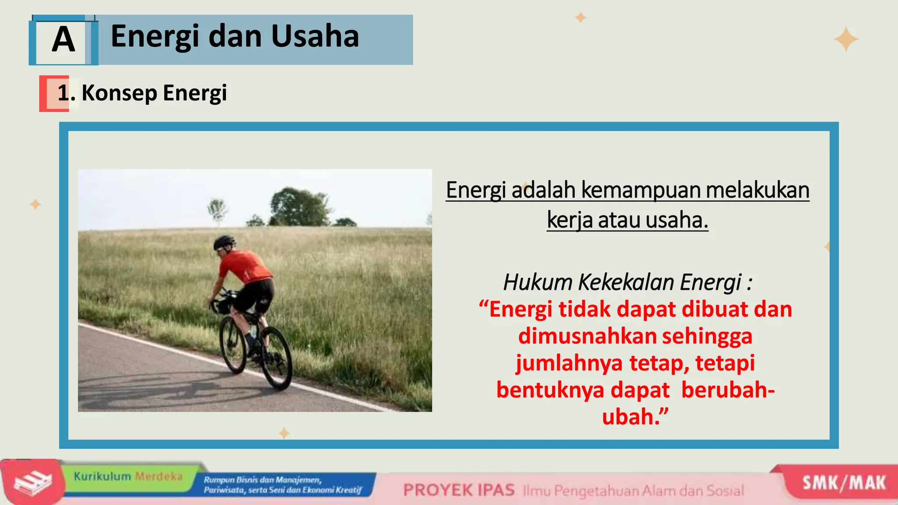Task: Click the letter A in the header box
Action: click(x=64, y=40)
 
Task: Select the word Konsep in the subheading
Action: click(x=119, y=93)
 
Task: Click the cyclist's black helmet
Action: click(x=224, y=242)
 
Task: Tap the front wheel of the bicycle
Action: click(x=233, y=345)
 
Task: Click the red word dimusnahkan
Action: click(x=587, y=337)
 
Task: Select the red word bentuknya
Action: click(x=550, y=390)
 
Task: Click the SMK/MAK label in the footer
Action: click(x=844, y=483)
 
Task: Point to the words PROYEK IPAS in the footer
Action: click(x=459, y=490)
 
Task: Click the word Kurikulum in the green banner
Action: click(x=102, y=477)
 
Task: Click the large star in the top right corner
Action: click(x=846, y=39)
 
